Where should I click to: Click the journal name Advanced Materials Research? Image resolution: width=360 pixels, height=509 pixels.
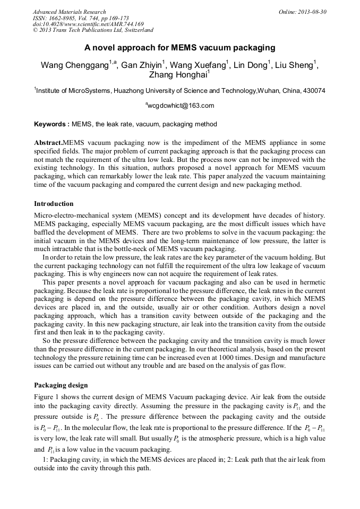pyautogui.click(x=69, y=12)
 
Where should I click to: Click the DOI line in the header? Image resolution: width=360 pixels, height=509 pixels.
pyautogui.click(x=88, y=24)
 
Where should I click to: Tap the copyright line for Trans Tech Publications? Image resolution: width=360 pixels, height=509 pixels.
pyautogui.click(x=93, y=30)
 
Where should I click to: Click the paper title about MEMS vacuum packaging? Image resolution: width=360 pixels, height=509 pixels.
pyautogui.click(x=179, y=48)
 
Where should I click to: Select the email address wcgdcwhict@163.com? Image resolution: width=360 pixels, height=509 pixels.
pyautogui.click(x=181, y=106)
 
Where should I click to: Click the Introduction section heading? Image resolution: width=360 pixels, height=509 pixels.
pyautogui.click(x=54, y=204)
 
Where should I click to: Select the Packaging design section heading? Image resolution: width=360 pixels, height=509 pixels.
pyautogui.click(x=61, y=385)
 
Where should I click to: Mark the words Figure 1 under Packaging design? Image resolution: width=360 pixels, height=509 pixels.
pyautogui.click(x=47, y=397)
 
